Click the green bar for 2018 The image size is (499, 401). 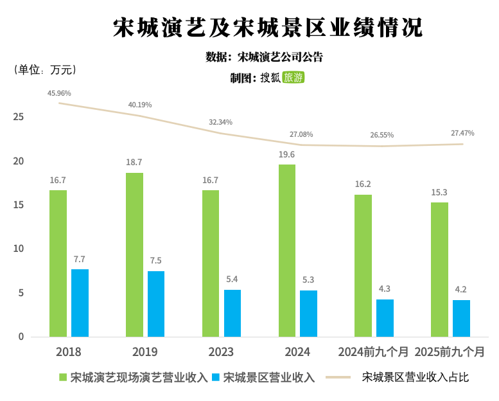point(58,263)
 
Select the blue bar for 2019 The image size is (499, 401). point(156,304)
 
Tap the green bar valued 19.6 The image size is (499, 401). point(287,251)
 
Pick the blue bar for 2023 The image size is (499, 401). point(232,313)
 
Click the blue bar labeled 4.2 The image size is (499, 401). point(461,318)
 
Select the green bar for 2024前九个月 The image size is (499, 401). point(363,265)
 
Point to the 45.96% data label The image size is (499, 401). point(59,93)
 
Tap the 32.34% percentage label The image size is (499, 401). point(220,122)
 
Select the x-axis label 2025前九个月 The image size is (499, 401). point(450,352)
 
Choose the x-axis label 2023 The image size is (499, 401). point(221,352)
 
